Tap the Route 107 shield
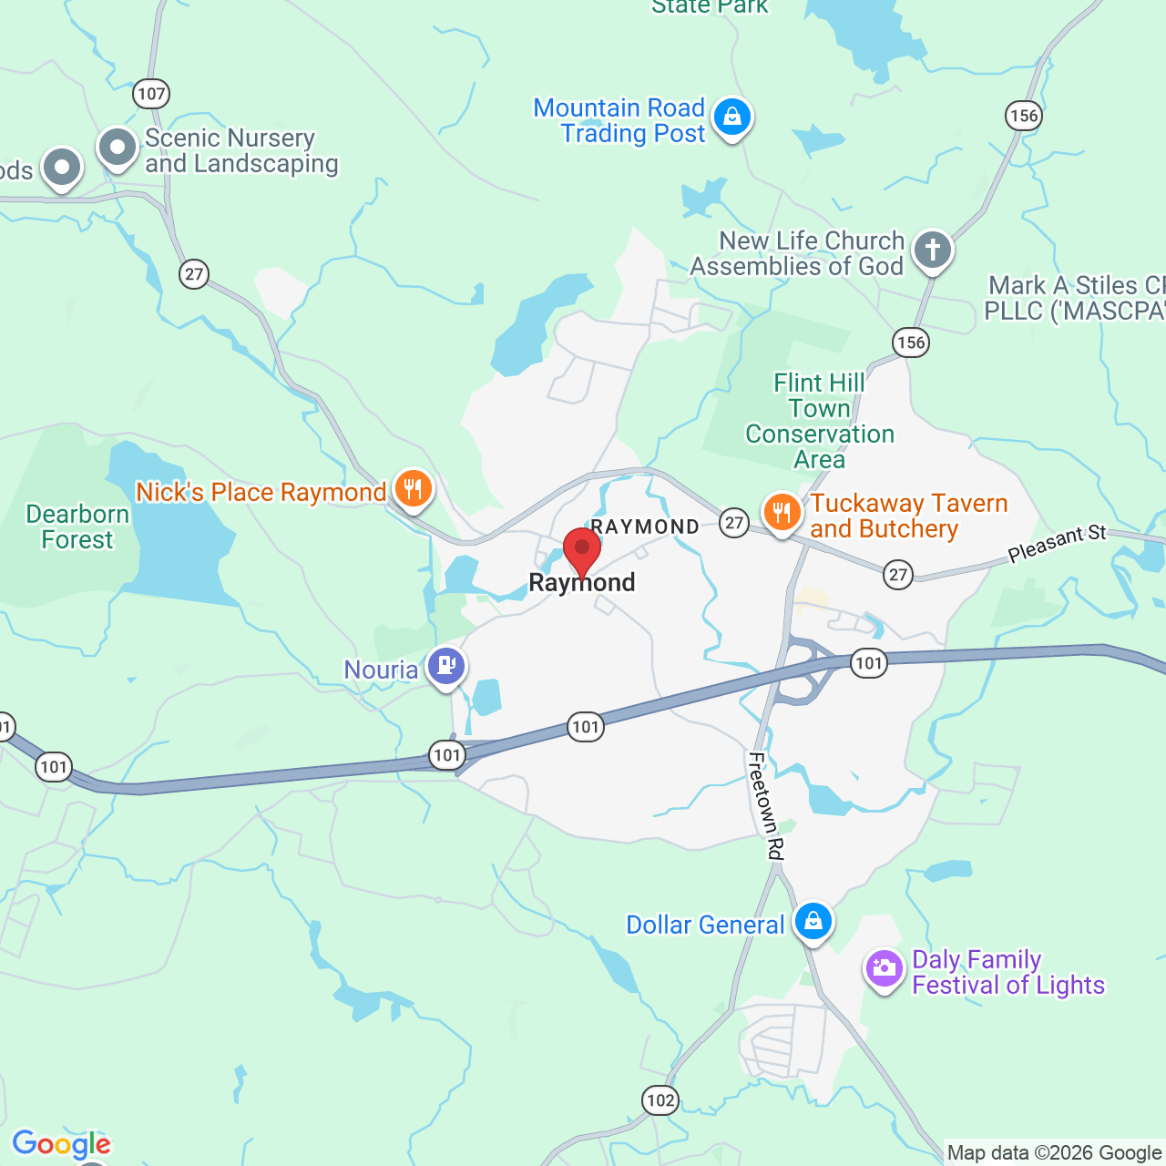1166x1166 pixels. (151, 93)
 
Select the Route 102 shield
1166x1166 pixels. (660, 1100)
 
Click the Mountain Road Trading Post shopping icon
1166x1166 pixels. (731, 117)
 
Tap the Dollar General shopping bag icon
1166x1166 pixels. (813, 922)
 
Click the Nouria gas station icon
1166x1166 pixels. (446, 666)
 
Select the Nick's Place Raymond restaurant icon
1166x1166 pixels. (413, 489)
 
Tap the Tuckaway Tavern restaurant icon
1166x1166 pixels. (782, 513)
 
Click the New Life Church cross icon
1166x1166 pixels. (932, 249)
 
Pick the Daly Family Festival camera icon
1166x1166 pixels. (884, 968)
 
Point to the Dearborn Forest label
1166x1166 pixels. (77, 527)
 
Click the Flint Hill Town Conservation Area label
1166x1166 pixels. (820, 421)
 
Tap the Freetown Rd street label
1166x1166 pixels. (765, 805)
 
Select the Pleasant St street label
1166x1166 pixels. (1057, 544)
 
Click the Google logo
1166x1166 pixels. (61, 1144)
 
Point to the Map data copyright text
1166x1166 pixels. (1053, 1153)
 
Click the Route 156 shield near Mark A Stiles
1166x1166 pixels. (910, 343)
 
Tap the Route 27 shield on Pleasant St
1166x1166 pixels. (898, 574)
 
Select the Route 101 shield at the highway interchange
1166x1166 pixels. (868, 662)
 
